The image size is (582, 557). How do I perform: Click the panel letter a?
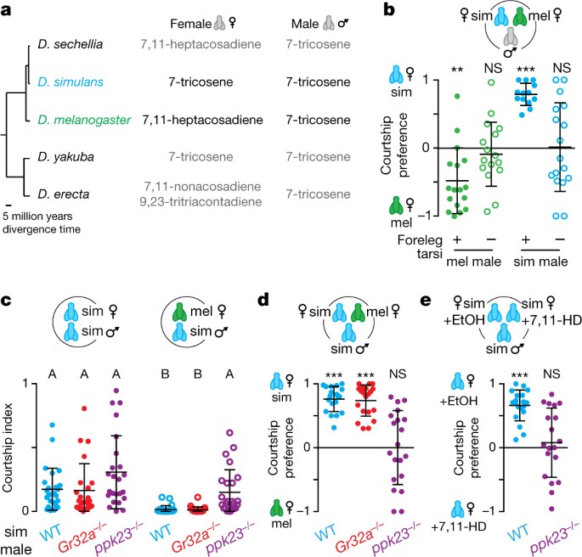[6, 10]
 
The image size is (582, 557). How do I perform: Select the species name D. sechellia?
[71, 44]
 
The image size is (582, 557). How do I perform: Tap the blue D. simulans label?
[71, 82]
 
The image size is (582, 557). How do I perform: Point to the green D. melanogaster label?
[84, 121]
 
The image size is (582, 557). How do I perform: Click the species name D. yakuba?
[65, 157]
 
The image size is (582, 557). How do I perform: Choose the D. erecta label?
[64, 194]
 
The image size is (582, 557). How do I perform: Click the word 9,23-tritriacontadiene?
[201, 202]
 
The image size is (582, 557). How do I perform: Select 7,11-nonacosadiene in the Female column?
[203, 186]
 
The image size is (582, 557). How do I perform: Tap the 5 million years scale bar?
[8, 205]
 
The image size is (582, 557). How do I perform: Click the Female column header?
[191, 24]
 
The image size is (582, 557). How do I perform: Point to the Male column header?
[305, 24]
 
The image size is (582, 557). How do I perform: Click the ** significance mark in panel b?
[457, 70]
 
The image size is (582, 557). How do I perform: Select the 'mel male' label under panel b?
[473, 262]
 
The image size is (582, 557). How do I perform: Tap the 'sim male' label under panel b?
[541, 262]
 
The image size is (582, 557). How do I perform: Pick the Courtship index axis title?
[8, 447]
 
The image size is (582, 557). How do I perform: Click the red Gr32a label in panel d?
[357, 538]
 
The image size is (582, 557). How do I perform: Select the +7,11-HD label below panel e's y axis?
[459, 526]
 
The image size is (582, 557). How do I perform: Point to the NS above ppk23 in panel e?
[551, 374]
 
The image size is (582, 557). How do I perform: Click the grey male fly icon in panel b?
[511, 39]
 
